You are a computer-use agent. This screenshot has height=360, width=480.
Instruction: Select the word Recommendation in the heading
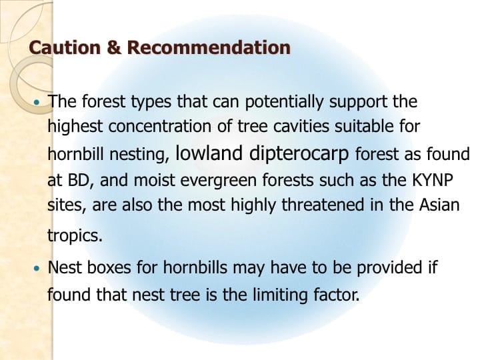208,48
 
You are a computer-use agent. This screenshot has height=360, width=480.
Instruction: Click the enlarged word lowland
209,153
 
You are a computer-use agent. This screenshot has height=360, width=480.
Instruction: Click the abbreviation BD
75,179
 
